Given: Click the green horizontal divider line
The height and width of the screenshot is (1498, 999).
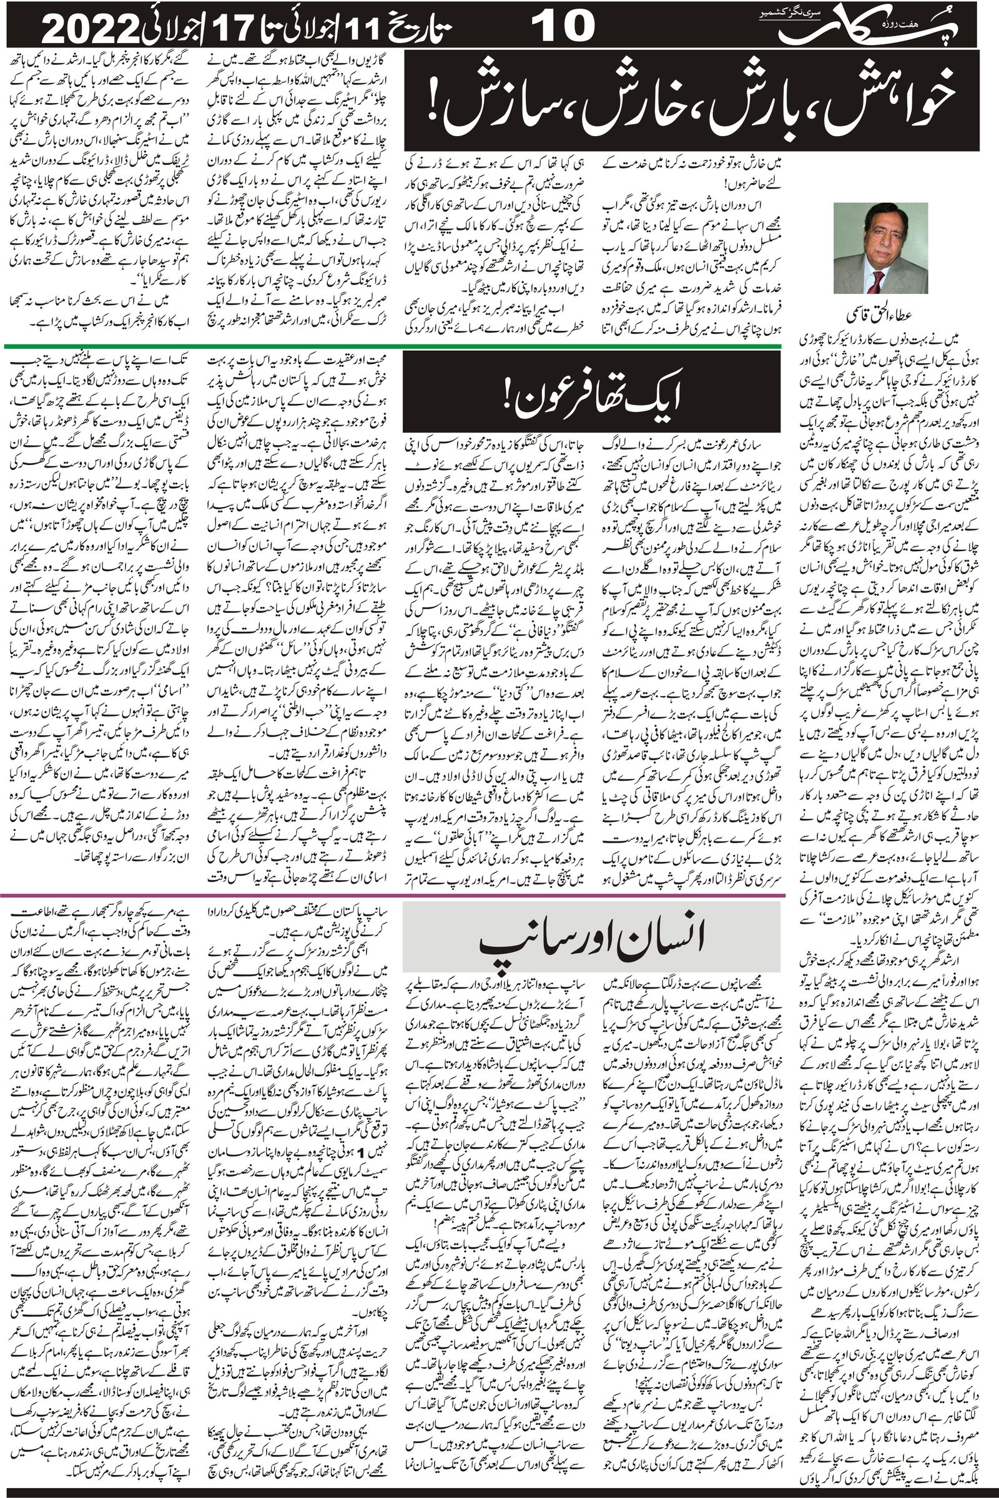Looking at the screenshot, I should point(395,346).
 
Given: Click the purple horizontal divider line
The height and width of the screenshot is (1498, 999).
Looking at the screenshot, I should point(395,896).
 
